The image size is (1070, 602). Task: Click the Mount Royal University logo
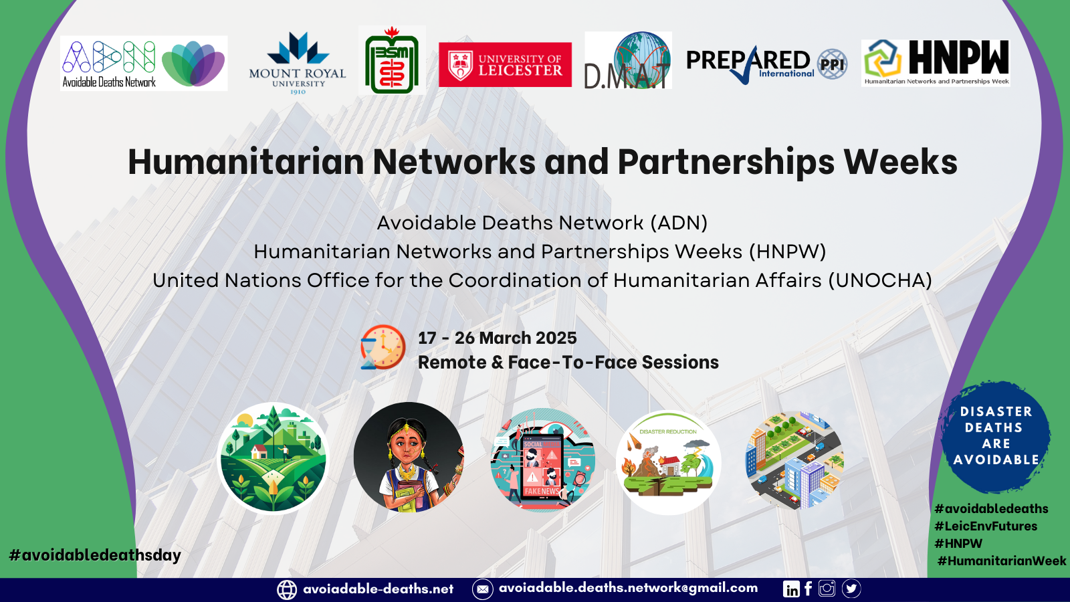(x=297, y=63)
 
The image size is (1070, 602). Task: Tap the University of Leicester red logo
(x=505, y=64)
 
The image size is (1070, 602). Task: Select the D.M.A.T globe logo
(x=628, y=60)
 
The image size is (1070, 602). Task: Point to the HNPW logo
(x=936, y=63)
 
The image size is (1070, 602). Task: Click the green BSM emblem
(x=392, y=60)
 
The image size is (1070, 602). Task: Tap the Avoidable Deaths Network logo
(x=144, y=63)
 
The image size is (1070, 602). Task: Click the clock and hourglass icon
(x=383, y=347)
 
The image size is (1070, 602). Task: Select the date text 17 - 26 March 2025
(x=498, y=338)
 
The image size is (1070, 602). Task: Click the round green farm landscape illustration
(x=273, y=458)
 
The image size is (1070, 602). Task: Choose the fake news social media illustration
(x=542, y=460)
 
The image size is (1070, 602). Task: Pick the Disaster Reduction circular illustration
(x=668, y=462)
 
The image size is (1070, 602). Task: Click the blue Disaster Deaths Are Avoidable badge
(x=996, y=436)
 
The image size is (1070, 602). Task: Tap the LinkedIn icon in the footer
(x=791, y=589)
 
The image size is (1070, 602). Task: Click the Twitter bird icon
(x=851, y=589)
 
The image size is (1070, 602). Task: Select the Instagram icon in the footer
(x=827, y=588)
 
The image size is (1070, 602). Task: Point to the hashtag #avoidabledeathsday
(x=95, y=555)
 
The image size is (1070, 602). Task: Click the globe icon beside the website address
(x=287, y=589)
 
